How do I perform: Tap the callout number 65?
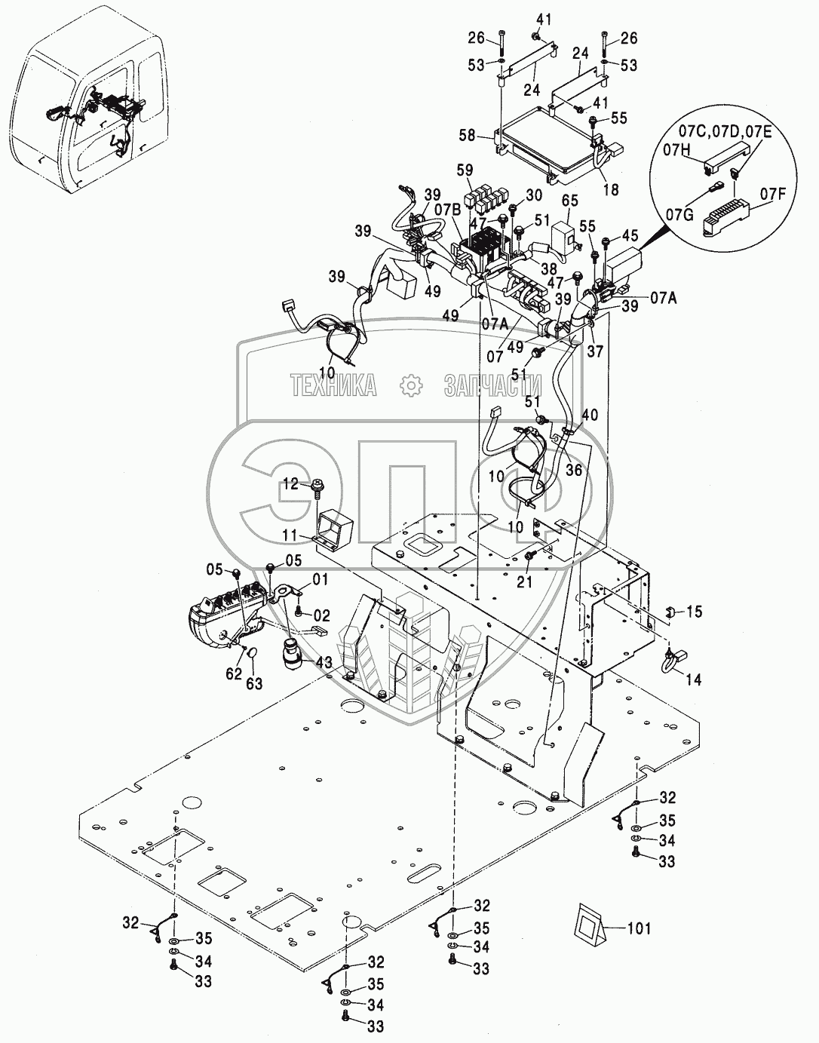pos(570,201)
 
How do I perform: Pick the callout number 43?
pos(324,661)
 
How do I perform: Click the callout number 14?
pos(693,679)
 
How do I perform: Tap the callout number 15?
pos(694,612)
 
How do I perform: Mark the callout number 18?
pos(611,189)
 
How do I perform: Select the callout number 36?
pos(574,469)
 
